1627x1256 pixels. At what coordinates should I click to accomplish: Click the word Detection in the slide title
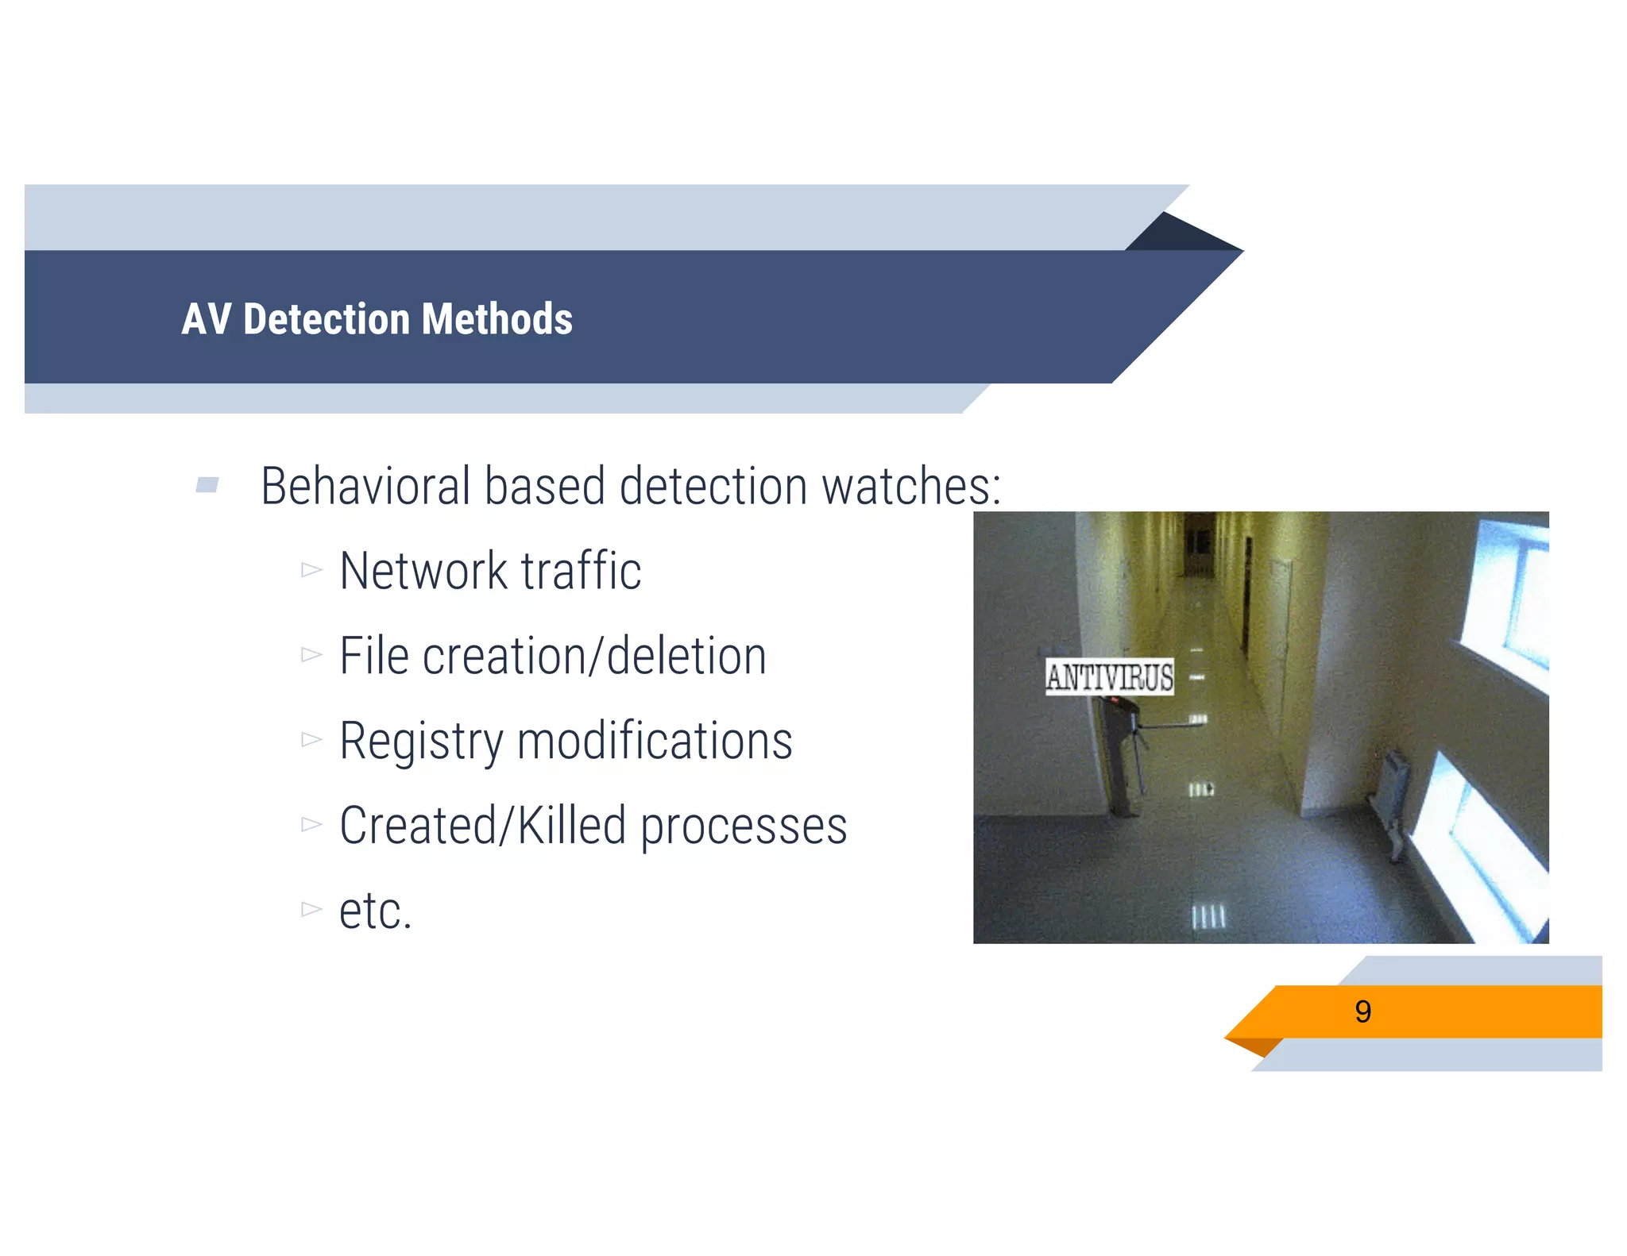tap(327, 319)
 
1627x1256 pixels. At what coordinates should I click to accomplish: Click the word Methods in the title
tap(497, 319)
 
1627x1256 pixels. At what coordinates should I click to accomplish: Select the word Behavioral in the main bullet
tap(365, 486)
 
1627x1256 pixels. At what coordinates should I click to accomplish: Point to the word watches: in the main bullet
tap(911, 486)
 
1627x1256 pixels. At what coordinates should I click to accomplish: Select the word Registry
tap(421, 742)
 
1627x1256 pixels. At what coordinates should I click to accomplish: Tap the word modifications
tap(655, 742)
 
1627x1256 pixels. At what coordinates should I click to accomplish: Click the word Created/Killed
tap(483, 826)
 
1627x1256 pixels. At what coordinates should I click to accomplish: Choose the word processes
tap(744, 827)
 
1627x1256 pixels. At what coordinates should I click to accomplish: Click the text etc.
tap(375, 911)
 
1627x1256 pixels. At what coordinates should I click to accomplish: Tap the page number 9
tap(1362, 1011)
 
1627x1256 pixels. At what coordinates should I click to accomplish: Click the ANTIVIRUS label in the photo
tap(1109, 677)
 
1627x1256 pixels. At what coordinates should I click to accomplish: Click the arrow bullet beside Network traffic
tap(311, 570)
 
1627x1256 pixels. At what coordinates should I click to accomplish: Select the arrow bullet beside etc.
tap(311, 909)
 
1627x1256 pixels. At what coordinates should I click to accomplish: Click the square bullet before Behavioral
tap(207, 484)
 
